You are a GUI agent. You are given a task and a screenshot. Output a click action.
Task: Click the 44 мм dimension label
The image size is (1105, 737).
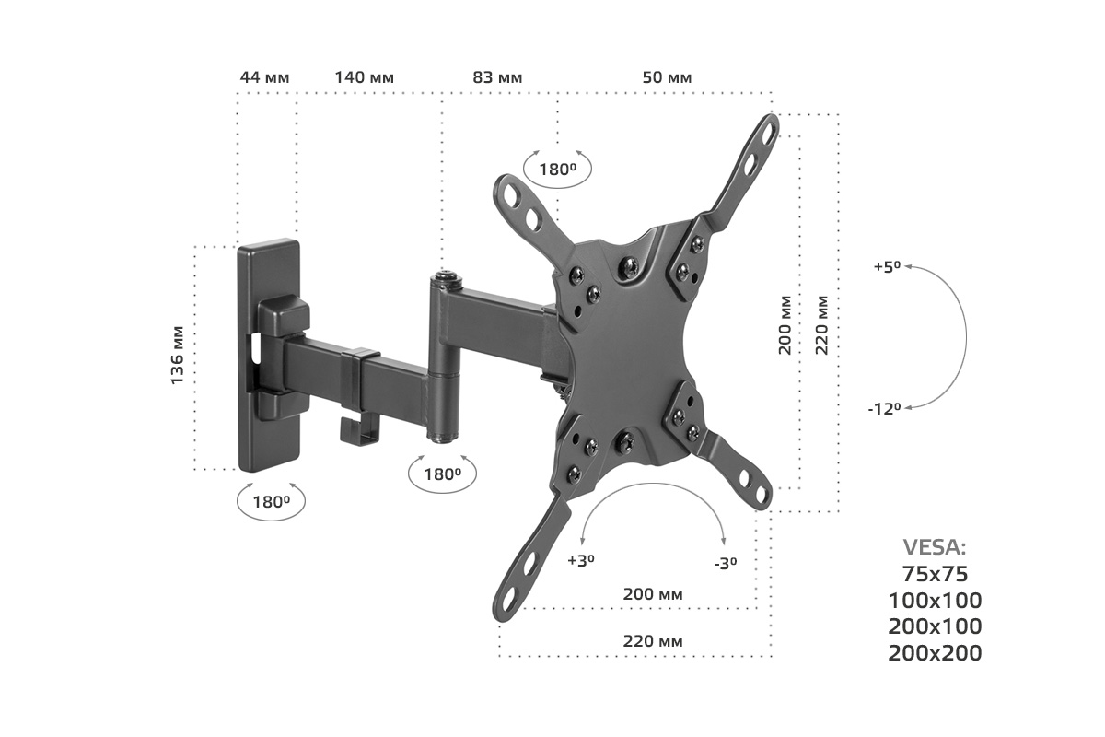[x=264, y=78]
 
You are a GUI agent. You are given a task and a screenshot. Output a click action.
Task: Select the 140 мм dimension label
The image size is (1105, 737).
[x=365, y=78]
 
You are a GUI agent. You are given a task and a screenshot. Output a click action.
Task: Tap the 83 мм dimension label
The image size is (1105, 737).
[x=497, y=78]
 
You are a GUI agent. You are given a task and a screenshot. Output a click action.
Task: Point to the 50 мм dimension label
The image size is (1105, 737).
[x=667, y=78]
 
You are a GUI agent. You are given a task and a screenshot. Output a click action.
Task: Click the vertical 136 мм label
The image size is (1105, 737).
[x=177, y=356]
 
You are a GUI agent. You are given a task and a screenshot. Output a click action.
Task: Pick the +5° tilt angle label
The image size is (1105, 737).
[x=887, y=266]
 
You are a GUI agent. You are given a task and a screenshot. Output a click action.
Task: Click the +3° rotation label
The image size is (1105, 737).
[x=581, y=561]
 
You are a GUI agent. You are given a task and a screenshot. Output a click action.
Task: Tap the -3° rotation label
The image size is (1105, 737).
[x=726, y=564]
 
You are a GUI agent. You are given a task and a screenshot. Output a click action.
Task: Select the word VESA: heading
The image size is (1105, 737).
[x=935, y=547]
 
